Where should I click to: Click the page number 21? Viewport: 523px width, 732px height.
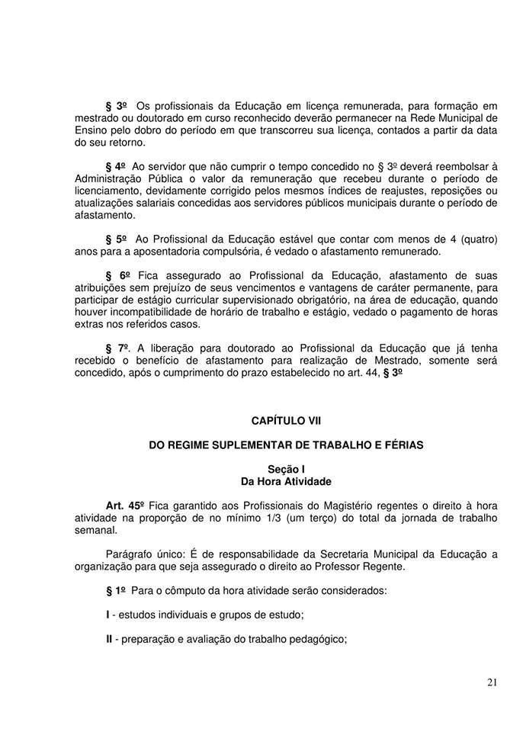pos(492,682)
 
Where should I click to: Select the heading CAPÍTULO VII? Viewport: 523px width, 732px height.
pos(287,420)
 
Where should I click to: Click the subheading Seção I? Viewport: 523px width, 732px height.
pos(287,470)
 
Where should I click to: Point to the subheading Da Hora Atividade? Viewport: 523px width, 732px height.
pos(286,482)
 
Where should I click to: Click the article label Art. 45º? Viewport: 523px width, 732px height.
pos(126,506)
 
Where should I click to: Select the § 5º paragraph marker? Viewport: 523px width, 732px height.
pos(117,239)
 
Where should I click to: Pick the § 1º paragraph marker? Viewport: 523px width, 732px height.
pos(116,590)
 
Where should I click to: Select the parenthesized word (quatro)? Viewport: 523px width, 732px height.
pos(476,239)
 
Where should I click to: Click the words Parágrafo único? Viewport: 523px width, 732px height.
pos(146,554)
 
